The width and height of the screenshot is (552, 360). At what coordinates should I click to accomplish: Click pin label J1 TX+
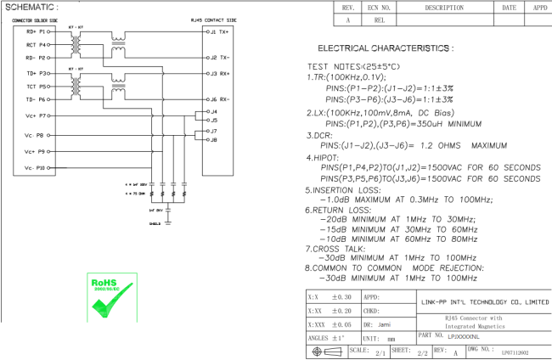(x=217, y=31)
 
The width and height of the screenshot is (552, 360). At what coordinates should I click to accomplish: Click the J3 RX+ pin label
(x=217, y=72)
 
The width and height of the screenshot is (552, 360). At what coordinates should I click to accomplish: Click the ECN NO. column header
(x=380, y=7)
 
